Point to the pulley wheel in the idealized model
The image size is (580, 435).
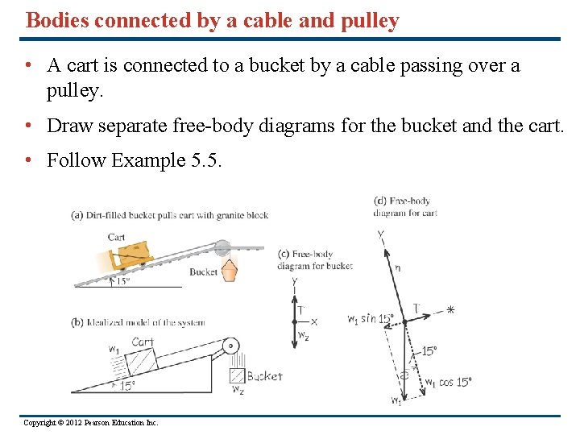tap(232, 347)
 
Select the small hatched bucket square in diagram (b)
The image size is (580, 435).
tap(237, 375)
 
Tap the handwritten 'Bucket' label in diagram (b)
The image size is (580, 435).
tap(265, 376)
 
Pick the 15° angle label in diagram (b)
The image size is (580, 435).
tap(126, 386)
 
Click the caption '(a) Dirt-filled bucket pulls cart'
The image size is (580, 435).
tap(170, 215)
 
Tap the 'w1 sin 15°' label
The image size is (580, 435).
tap(371, 318)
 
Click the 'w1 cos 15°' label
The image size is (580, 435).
tap(449, 382)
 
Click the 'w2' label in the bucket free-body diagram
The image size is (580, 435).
tap(304, 335)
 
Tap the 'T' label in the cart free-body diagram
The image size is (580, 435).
tap(416, 307)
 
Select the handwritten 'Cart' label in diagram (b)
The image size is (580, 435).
tap(143, 342)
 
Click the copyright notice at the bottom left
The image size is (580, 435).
tap(91, 422)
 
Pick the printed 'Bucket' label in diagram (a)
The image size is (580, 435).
tap(203, 272)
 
